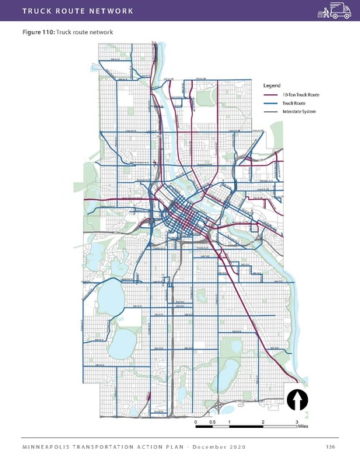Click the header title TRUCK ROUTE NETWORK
click(x=66, y=10)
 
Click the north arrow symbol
click(x=299, y=399)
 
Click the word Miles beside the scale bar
click(x=303, y=427)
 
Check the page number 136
click(x=330, y=447)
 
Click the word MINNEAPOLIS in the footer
click(x=49, y=447)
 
